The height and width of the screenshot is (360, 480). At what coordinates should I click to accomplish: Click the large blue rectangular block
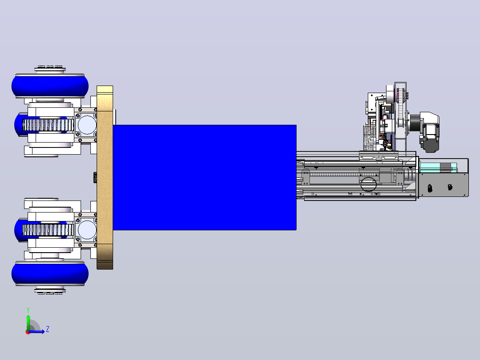click(x=204, y=177)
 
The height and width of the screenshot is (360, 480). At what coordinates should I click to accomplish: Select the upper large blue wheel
click(x=50, y=86)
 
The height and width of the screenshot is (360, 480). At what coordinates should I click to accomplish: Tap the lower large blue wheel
click(x=50, y=274)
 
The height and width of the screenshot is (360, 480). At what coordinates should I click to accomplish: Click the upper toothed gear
click(x=48, y=125)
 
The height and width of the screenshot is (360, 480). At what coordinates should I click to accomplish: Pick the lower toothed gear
click(x=48, y=230)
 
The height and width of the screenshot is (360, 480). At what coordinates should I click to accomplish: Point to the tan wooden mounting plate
click(x=105, y=177)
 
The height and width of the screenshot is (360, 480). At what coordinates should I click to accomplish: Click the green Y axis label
click(x=28, y=310)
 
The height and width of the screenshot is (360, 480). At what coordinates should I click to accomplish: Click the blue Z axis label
click(x=48, y=329)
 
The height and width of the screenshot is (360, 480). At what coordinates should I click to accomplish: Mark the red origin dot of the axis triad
click(x=28, y=332)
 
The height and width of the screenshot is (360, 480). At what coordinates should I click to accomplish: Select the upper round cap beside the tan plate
click(x=87, y=125)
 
